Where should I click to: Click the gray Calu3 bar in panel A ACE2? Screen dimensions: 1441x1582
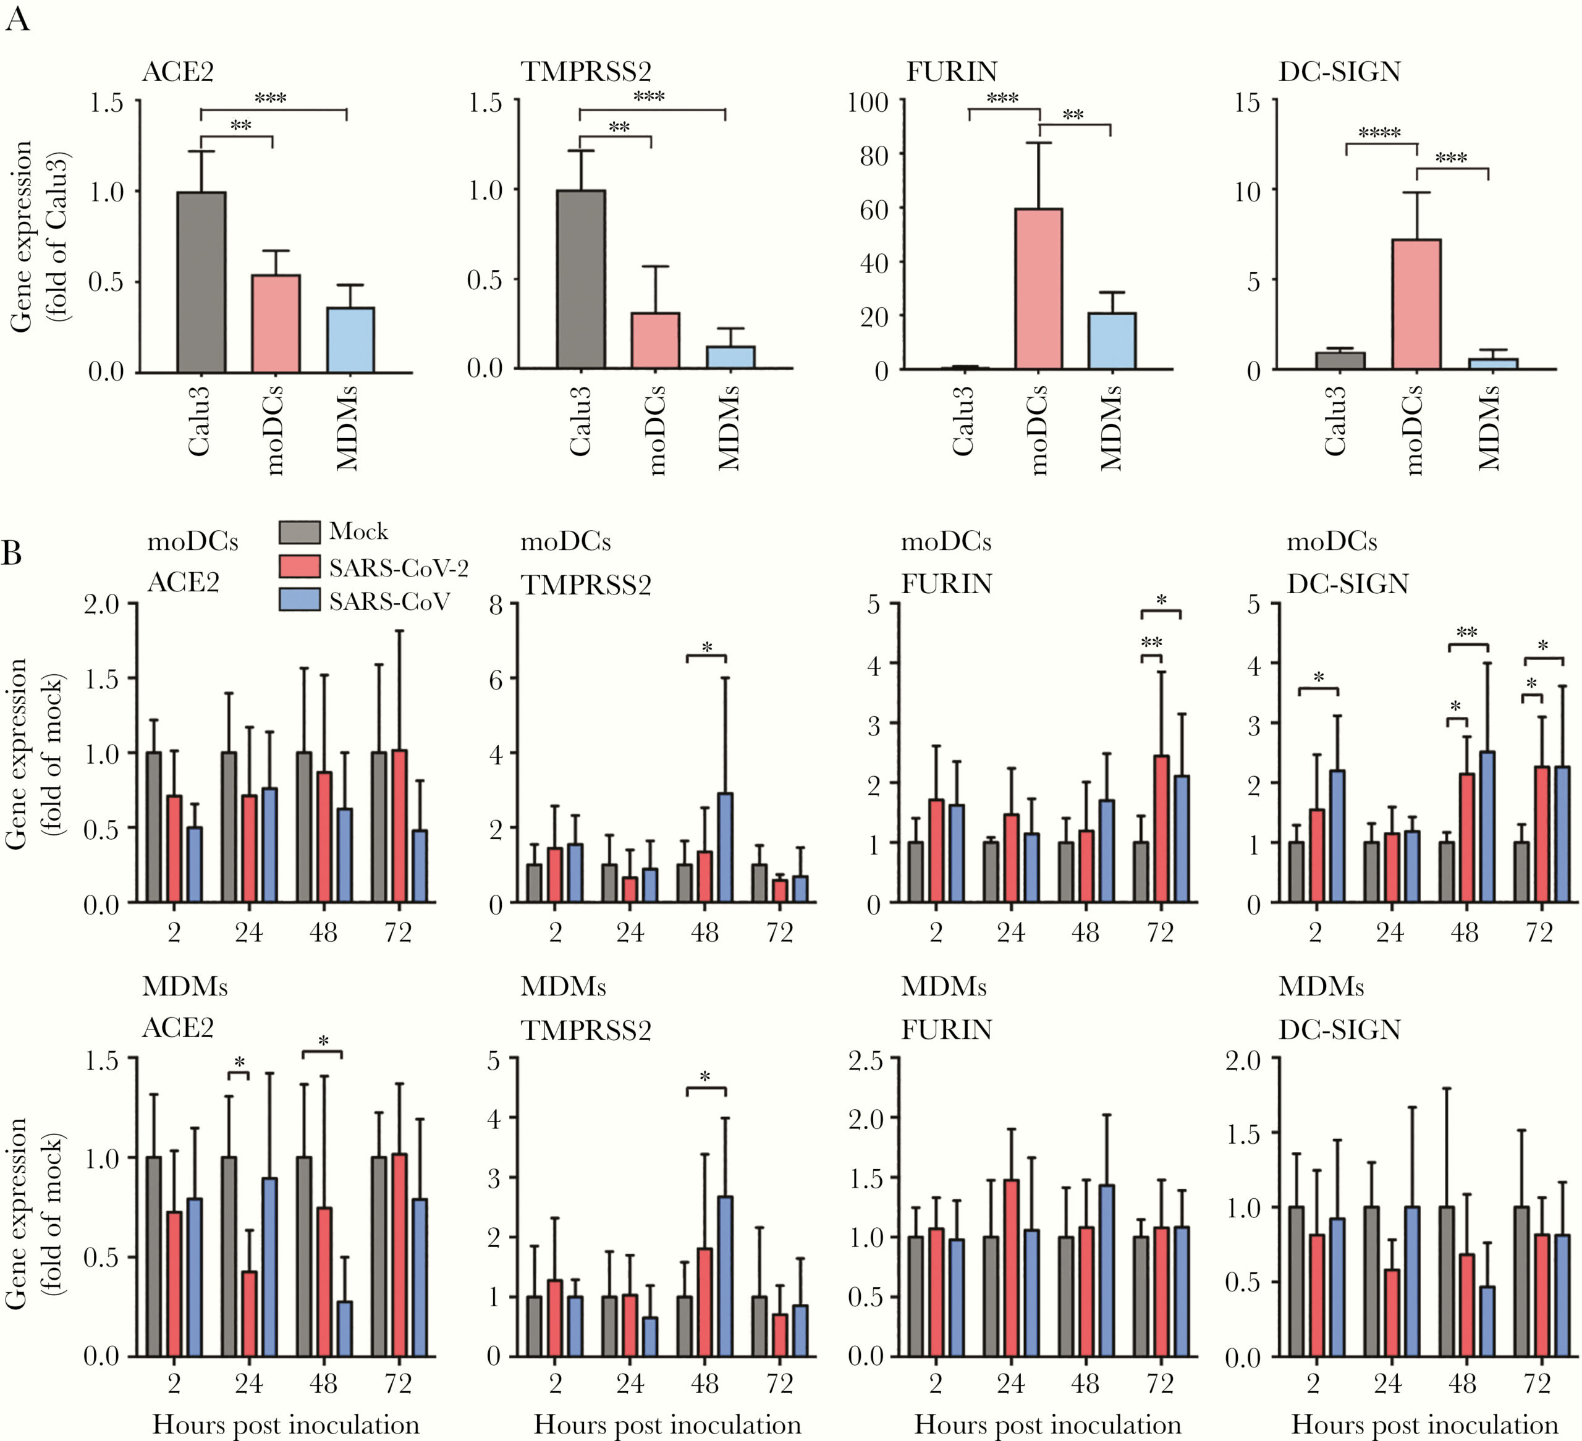(x=201, y=282)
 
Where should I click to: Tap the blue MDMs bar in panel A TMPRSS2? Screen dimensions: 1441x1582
(x=730, y=357)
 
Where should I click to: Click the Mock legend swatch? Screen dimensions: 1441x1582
(x=299, y=531)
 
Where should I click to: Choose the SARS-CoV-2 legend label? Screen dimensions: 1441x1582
(x=398, y=567)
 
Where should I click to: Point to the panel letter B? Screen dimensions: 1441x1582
(x=11, y=552)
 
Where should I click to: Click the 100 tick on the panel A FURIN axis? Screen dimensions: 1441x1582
(x=867, y=102)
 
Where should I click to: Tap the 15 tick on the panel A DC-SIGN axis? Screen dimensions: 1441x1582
(x=1246, y=102)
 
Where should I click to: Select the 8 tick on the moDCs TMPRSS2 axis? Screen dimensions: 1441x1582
(x=494, y=604)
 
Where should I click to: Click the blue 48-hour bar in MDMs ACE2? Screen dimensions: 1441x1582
(x=344, y=1328)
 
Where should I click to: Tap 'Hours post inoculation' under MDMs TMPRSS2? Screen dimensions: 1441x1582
(x=667, y=1424)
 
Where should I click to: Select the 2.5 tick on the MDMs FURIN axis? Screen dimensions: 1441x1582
(x=866, y=1060)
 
